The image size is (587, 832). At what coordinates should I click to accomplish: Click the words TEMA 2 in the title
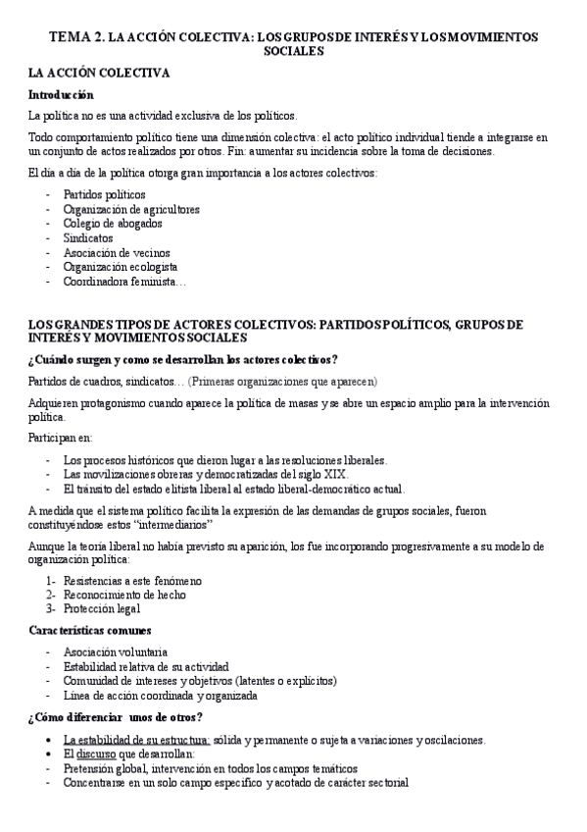click(x=76, y=36)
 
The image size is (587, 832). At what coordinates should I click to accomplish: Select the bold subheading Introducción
click(x=61, y=95)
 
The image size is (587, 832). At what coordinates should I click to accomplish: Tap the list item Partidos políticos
click(x=105, y=195)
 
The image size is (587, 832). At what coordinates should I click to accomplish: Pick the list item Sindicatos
click(x=88, y=238)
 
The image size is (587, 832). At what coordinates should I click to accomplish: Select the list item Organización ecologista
click(x=121, y=266)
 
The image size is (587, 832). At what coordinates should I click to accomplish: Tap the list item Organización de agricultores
click(x=131, y=209)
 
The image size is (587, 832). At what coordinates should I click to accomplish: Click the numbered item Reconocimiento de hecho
click(x=124, y=595)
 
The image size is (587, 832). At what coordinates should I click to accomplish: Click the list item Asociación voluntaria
click(x=116, y=651)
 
